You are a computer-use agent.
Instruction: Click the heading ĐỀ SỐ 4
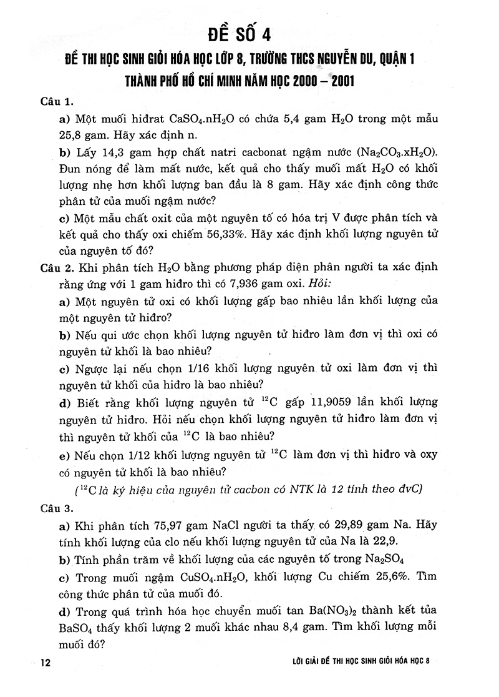point(249,32)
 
